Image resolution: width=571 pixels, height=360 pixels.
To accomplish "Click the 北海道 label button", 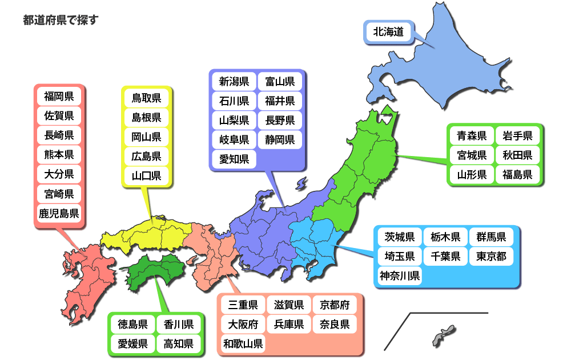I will [x=388, y=32].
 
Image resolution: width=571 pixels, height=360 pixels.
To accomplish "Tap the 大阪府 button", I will [x=243, y=325].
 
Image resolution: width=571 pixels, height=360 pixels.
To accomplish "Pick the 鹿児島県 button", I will [x=59, y=214].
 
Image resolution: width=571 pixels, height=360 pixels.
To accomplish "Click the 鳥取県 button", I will [x=146, y=98].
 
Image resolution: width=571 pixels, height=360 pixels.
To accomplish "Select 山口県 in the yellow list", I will [x=146, y=175].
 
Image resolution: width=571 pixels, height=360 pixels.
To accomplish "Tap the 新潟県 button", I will [x=234, y=81].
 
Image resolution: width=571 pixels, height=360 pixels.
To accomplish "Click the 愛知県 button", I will [x=234, y=159].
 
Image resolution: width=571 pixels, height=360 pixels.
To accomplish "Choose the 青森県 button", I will [x=472, y=136].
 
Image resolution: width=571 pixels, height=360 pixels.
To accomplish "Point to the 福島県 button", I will [x=518, y=174].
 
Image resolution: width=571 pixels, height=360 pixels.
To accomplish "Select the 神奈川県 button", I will [x=400, y=277].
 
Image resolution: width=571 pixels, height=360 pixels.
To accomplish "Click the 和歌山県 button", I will [x=243, y=344].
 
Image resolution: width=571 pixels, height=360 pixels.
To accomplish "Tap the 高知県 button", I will [x=178, y=344].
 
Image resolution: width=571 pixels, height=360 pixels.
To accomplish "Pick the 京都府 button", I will [x=335, y=305].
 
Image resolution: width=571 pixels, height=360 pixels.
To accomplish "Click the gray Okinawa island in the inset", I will [x=443, y=335].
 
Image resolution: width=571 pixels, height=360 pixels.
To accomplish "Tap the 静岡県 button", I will [x=280, y=139].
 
